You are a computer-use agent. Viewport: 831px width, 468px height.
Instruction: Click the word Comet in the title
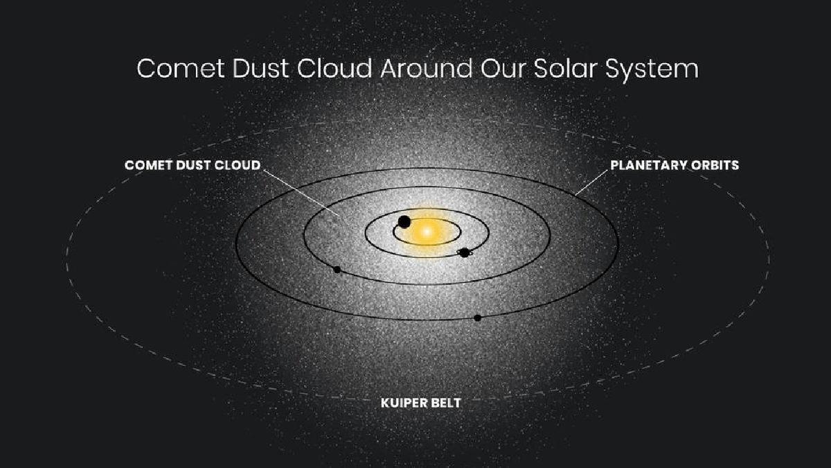[x=181, y=69]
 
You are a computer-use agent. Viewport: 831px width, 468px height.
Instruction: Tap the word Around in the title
[x=427, y=69]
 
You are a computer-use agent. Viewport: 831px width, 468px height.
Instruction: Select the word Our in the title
[x=503, y=69]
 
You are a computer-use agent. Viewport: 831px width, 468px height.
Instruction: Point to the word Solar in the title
[x=565, y=69]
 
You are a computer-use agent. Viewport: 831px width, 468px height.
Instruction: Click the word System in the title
[x=652, y=71]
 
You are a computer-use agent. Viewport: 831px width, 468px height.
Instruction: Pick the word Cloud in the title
[x=334, y=69]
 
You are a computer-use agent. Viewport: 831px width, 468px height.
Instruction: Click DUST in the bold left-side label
[x=193, y=165]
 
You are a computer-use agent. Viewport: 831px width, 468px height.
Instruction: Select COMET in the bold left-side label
[x=148, y=165]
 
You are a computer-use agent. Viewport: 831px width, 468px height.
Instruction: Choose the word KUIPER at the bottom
[x=402, y=403]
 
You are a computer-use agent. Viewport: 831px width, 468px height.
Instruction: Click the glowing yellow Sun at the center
[x=427, y=232]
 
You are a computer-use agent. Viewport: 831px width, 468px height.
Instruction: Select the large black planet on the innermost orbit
[x=404, y=222]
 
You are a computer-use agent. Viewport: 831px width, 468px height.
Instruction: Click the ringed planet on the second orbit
[x=465, y=252]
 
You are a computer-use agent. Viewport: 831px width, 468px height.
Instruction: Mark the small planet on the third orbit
[x=337, y=270]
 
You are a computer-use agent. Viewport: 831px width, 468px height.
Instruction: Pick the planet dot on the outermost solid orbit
[x=478, y=318]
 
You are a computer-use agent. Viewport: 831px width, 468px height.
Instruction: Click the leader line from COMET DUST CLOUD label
[x=301, y=193]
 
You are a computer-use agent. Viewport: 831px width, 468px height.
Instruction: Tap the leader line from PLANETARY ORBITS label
[x=591, y=182]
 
